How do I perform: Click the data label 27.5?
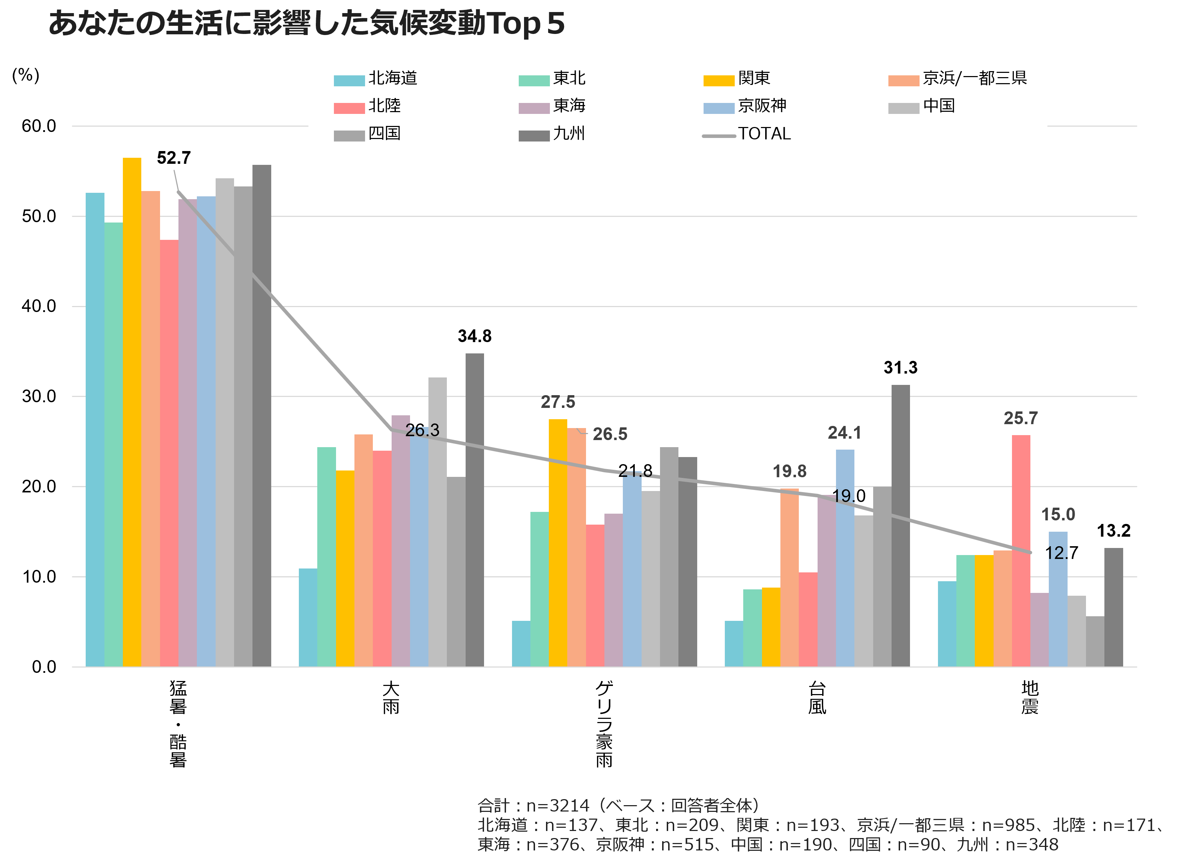point(558,402)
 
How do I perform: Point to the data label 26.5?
point(610,434)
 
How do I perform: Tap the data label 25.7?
point(1020,418)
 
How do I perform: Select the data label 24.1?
point(844,433)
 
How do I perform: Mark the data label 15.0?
point(1058,515)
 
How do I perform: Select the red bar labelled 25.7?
point(1020,550)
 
